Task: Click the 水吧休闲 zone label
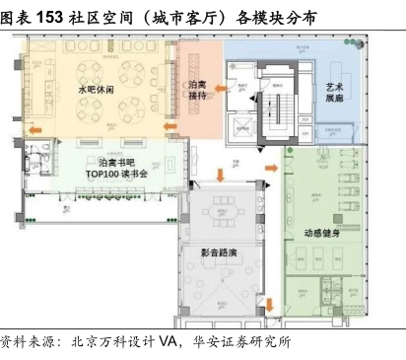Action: click(96, 89)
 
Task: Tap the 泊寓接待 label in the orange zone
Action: click(197, 90)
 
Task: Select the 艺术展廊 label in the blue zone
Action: click(335, 93)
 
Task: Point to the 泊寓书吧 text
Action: click(116, 163)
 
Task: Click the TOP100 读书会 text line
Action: click(116, 174)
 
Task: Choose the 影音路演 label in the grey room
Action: click(219, 252)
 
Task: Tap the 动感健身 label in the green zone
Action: click(321, 233)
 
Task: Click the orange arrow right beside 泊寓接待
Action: click(221, 89)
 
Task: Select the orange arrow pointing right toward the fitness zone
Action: click(271, 168)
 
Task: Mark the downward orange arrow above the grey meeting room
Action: click(220, 176)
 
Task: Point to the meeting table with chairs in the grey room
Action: click(225, 212)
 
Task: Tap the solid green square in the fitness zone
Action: click(338, 219)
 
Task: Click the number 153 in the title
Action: click(49, 17)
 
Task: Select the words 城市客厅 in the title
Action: click(185, 18)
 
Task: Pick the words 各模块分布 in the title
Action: click(276, 18)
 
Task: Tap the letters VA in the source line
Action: click(169, 341)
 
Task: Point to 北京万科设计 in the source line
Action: click(112, 342)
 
